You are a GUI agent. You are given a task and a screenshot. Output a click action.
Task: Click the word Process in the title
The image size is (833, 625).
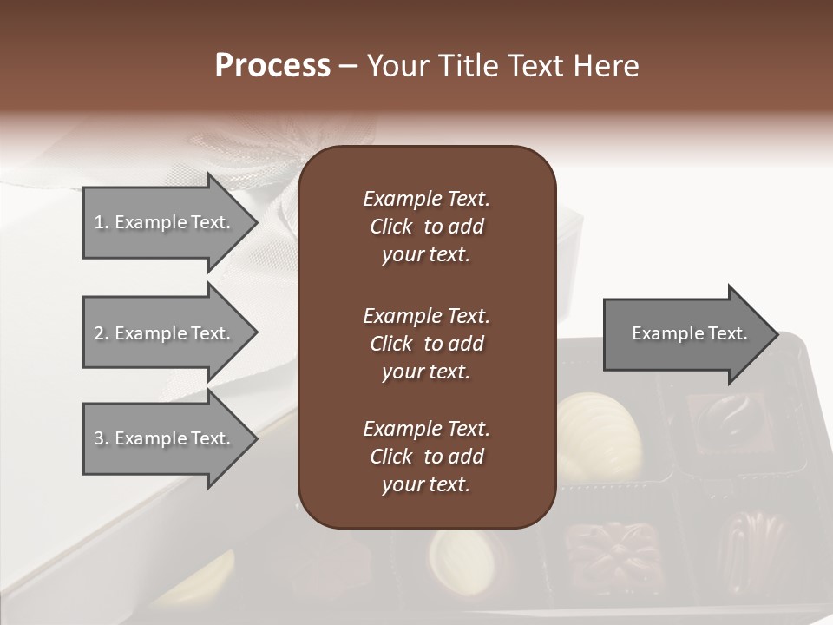click(272, 66)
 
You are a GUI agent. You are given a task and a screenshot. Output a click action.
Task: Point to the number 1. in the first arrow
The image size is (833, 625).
click(102, 222)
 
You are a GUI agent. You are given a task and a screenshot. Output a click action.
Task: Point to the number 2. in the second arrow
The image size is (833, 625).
click(102, 333)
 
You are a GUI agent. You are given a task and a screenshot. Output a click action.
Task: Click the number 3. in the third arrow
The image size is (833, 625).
click(102, 438)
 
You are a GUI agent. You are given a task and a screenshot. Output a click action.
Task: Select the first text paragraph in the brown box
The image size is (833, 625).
click(426, 227)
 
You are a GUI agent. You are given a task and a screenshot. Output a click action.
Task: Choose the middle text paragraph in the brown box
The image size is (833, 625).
click(426, 344)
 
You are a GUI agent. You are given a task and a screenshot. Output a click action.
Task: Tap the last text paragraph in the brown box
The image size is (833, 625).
click(426, 457)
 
